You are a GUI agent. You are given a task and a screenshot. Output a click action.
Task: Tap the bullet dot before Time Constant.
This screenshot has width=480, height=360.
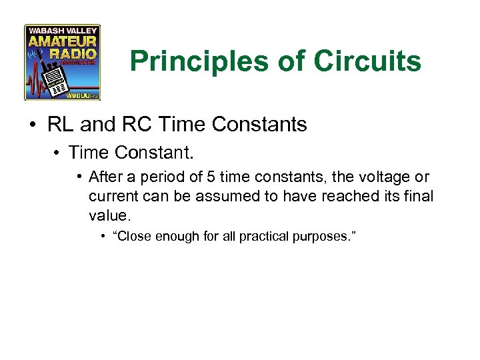(58, 153)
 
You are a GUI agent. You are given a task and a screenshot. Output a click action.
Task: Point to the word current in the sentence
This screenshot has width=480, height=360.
(111, 196)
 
